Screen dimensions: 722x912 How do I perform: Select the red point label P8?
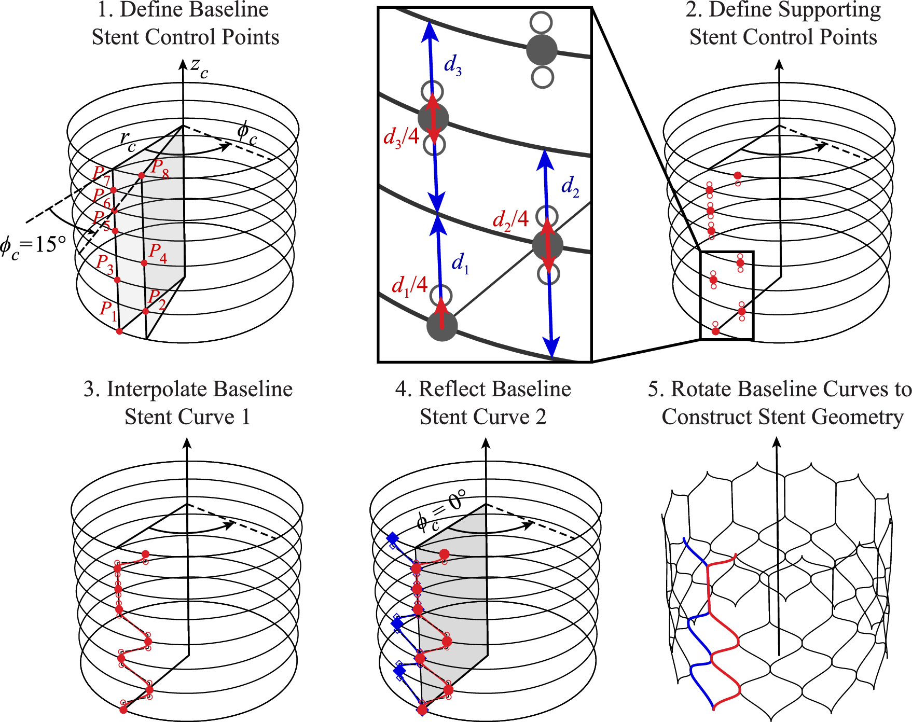160,169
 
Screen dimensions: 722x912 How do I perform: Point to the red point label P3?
105,264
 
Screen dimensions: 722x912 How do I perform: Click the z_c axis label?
199,67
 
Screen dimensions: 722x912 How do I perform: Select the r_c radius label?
127,141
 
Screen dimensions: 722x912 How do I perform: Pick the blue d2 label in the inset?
570,186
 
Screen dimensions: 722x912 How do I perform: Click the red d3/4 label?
401,137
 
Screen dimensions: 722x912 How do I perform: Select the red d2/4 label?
510,220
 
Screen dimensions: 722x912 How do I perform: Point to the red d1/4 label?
409,286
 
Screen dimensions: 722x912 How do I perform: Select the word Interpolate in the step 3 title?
157,389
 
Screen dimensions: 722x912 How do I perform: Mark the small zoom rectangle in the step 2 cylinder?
727,296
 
